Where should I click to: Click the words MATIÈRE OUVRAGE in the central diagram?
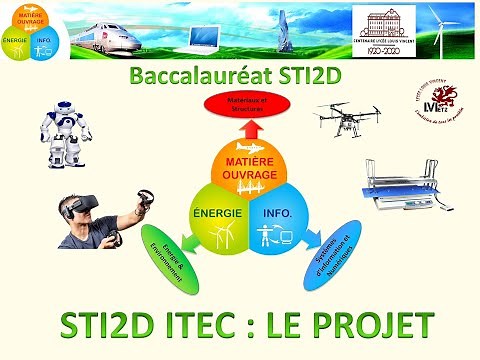tap(241, 164)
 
